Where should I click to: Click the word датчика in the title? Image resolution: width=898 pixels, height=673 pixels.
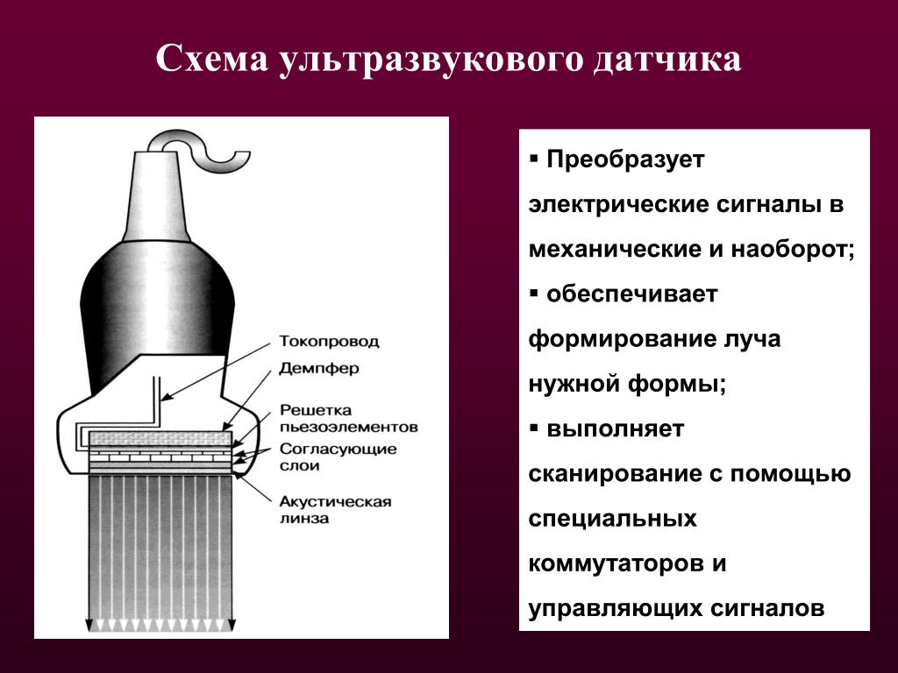tap(666, 60)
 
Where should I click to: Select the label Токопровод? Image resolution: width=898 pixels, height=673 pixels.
tap(329, 342)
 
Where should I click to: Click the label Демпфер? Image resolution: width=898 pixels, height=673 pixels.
tap(319, 369)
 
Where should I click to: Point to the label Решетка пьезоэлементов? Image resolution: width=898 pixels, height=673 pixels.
tap(349, 419)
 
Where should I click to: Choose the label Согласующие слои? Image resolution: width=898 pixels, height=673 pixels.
tap(339, 457)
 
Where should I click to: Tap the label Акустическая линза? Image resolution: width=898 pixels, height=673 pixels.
tap(336, 510)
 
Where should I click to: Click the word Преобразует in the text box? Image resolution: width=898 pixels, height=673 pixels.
tap(625, 159)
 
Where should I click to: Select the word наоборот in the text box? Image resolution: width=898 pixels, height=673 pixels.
tap(790, 249)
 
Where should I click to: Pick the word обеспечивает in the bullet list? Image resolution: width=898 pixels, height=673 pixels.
tap(631, 294)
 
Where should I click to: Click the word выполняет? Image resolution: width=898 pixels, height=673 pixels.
tap(615, 429)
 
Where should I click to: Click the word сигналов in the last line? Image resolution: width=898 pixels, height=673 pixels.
tap(767, 608)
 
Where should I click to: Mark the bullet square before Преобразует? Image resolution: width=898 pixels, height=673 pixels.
tap(534, 157)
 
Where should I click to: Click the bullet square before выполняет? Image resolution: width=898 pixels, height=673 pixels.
tap(534, 427)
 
